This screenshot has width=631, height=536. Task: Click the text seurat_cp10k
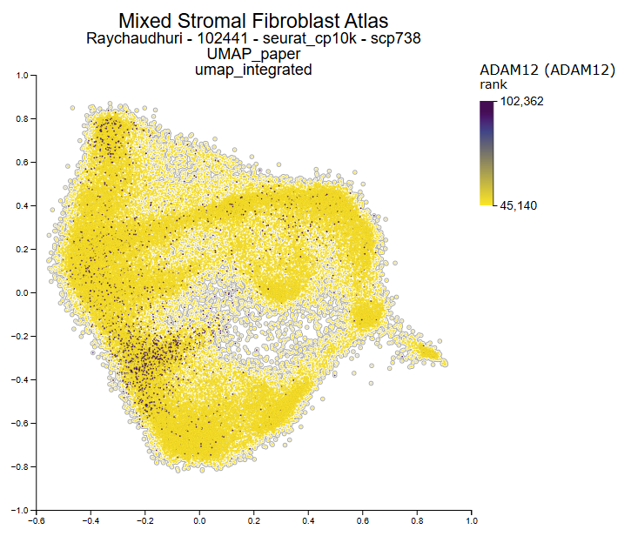(x=296, y=39)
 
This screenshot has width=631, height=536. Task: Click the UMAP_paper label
(x=253, y=55)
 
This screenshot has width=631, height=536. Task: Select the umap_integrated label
(x=253, y=70)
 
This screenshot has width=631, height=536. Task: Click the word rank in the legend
(x=494, y=84)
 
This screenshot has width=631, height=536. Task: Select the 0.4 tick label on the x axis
(x=309, y=522)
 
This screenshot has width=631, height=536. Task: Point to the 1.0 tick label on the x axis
(x=472, y=522)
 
